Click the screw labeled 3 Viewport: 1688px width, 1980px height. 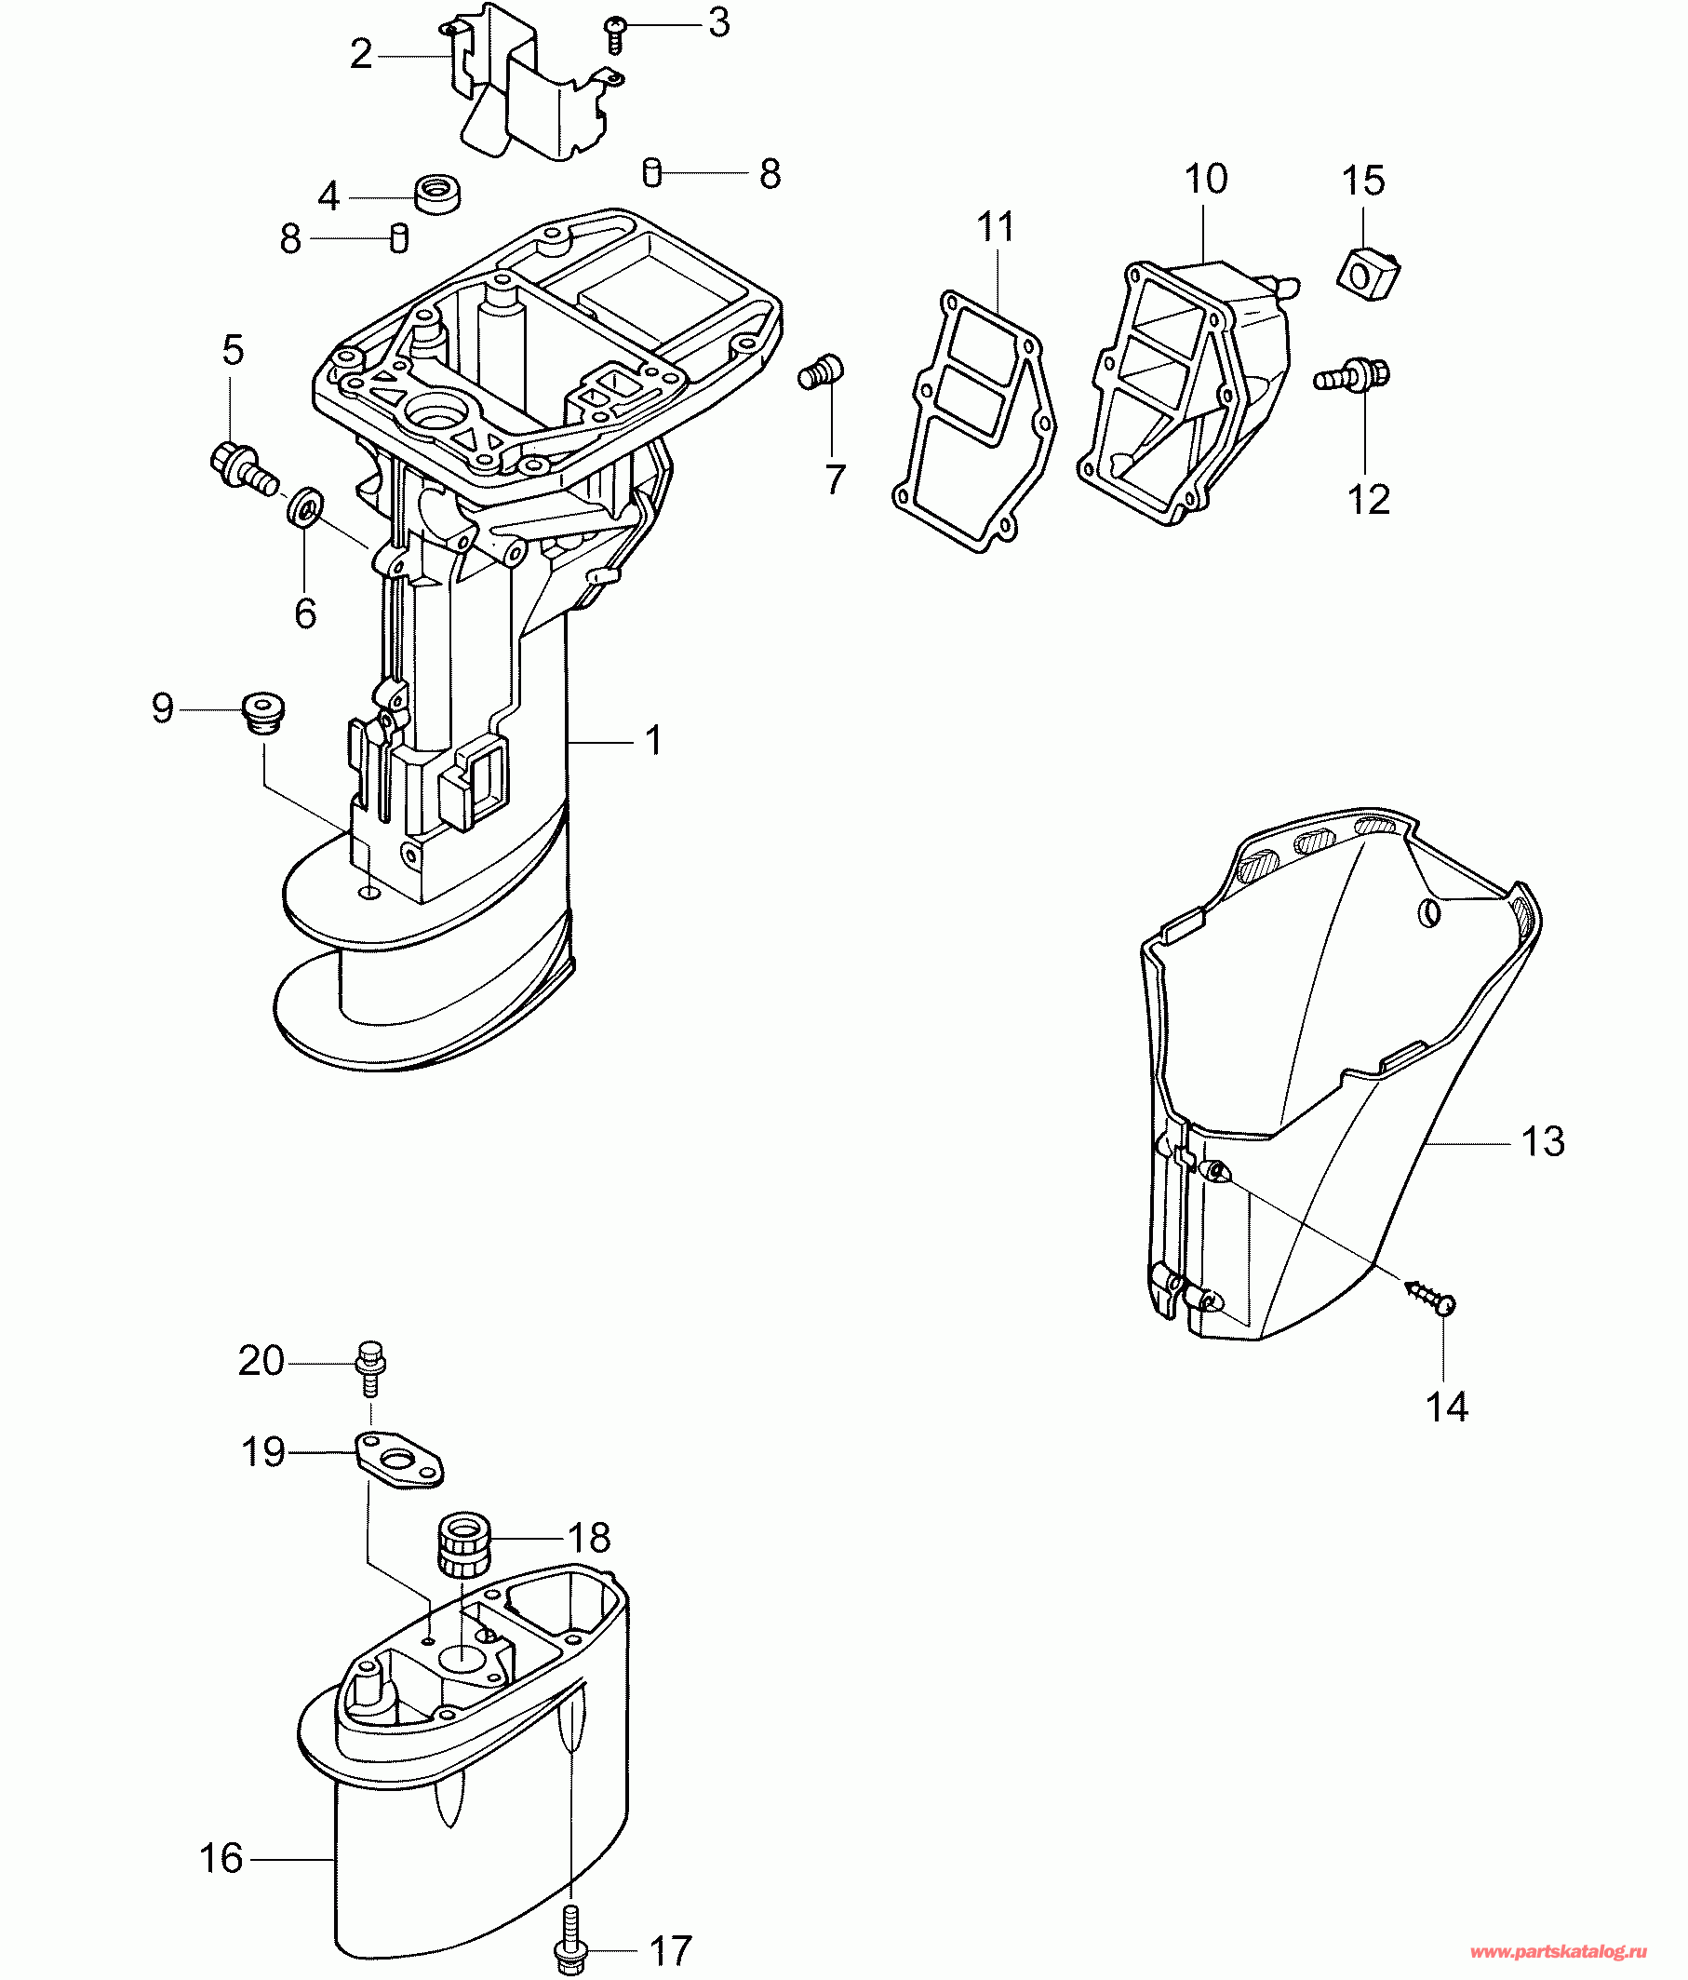(614, 34)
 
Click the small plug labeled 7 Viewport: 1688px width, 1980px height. (821, 370)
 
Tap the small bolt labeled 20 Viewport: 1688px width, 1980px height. (369, 1368)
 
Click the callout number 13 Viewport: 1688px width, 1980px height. (1542, 1142)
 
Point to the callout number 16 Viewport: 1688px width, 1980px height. (221, 1859)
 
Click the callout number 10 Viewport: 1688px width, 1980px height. (1206, 180)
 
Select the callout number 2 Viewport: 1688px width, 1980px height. (360, 55)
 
